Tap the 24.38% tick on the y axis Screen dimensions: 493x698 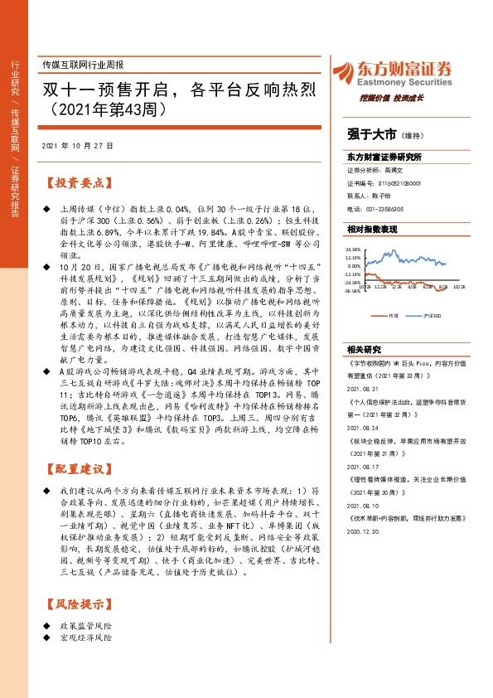point(355,248)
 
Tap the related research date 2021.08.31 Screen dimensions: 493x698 point(364,388)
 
